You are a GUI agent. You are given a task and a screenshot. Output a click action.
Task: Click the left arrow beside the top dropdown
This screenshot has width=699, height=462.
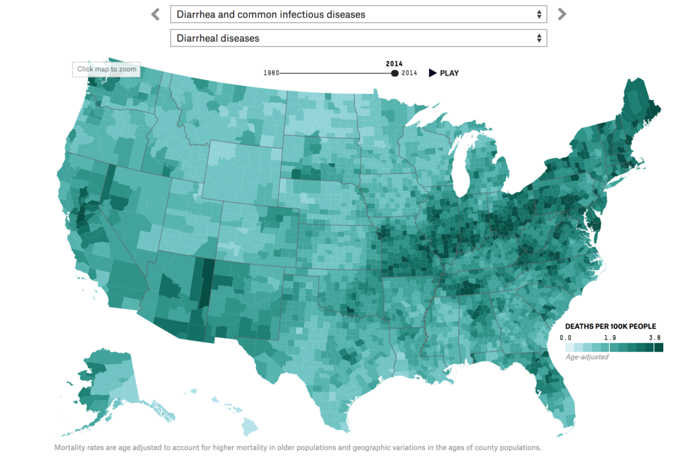pos(156,14)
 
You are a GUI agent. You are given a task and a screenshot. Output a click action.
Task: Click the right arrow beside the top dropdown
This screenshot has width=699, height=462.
pos(562,14)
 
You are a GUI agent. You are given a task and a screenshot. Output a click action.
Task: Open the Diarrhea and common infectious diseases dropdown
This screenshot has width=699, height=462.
pos(359,14)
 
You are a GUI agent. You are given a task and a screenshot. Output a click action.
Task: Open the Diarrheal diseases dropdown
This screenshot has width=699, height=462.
pos(359,38)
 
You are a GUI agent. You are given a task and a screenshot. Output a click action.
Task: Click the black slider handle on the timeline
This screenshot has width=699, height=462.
pos(395,73)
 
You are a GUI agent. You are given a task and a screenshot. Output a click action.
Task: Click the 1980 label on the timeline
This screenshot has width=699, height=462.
pos(271,73)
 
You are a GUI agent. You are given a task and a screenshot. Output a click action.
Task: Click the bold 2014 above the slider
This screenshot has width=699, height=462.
pos(394,63)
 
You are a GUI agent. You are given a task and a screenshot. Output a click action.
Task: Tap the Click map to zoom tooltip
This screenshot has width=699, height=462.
pos(107,69)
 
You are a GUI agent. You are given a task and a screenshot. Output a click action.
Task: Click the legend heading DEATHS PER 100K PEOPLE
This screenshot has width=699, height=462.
pos(610,327)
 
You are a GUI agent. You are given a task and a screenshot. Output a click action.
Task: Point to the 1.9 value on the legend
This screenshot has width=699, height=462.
pos(610,337)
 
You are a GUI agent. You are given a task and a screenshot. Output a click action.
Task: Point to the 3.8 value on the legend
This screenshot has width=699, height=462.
pos(654,337)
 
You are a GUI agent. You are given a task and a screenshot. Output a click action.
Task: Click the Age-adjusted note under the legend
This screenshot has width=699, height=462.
pos(586,357)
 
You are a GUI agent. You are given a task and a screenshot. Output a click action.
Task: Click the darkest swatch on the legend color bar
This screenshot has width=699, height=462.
pos(658,347)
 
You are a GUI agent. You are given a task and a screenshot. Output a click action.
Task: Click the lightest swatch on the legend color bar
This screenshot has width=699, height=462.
pos(569,347)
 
